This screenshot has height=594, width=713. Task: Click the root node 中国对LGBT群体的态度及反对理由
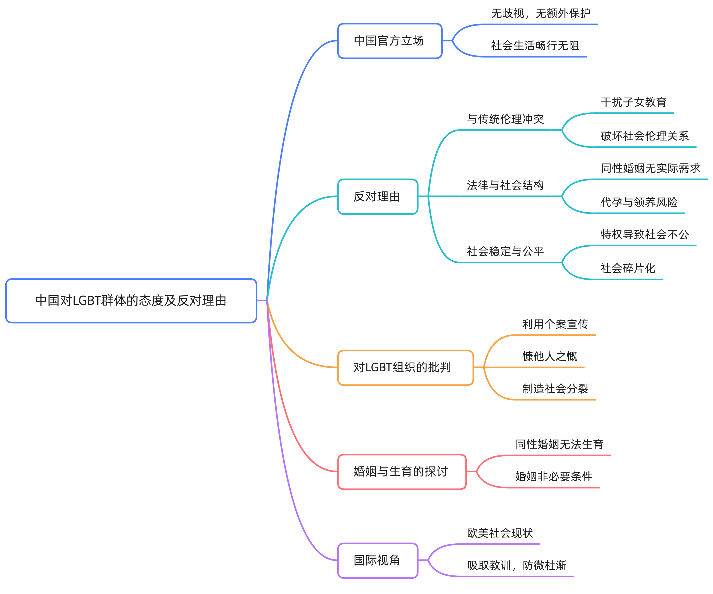coord(131,301)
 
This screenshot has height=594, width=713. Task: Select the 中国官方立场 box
coord(389,41)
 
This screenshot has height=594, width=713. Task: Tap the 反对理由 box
coord(377,197)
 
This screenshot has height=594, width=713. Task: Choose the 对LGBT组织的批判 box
coord(405,368)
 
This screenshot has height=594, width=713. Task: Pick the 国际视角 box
coord(377,560)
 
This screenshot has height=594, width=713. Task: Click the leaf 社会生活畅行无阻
coord(535,45)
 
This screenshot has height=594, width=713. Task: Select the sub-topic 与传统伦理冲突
coord(505,119)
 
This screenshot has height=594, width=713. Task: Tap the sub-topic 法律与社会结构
coord(505,185)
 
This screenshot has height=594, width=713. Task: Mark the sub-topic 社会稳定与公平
coord(505,251)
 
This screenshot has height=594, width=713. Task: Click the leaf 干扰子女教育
coord(634,102)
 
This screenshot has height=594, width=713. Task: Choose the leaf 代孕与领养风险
coord(639,202)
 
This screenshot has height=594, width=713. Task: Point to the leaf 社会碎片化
coord(628,268)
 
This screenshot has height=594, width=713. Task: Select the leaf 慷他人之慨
coord(550,356)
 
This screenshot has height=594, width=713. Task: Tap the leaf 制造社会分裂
coord(555,389)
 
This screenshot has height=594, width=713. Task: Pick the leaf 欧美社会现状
coord(500,533)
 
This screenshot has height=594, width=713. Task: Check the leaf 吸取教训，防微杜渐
coord(517,565)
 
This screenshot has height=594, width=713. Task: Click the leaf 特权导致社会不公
coord(644,235)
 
